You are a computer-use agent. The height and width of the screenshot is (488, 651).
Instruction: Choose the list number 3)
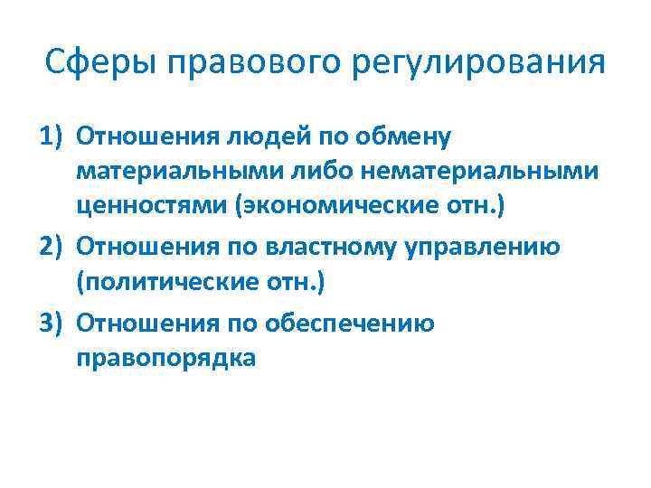[53, 322]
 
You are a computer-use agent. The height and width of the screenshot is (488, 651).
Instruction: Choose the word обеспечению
[360, 322]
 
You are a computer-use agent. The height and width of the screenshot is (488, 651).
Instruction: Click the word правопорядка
[166, 359]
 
